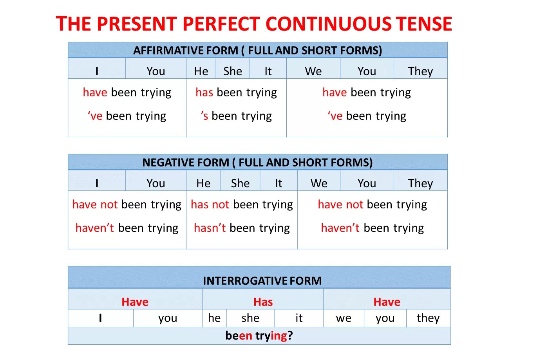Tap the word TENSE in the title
pyautogui.click(x=424, y=24)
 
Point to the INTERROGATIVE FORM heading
pyautogui.click(x=262, y=280)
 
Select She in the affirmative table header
pyautogui.click(x=232, y=71)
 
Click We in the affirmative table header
pyautogui.click(x=313, y=71)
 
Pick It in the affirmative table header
pyautogui.click(x=268, y=71)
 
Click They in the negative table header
pyautogui.click(x=420, y=183)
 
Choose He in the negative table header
pyautogui.click(x=203, y=183)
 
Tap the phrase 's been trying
pyautogui.click(x=236, y=116)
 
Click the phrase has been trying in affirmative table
pyautogui.click(x=236, y=93)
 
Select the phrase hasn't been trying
pyautogui.click(x=242, y=228)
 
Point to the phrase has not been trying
pyautogui.click(x=242, y=204)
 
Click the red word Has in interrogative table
pyautogui.click(x=263, y=302)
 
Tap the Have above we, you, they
pyautogui.click(x=387, y=302)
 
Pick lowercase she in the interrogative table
pyautogui.click(x=250, y=318)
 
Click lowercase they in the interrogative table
pyautogui.click(x=428, y=318)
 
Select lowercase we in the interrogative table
pyautogui.click(x=344, y=318)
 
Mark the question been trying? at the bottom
pyautogui.click(x=259, y=335)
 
